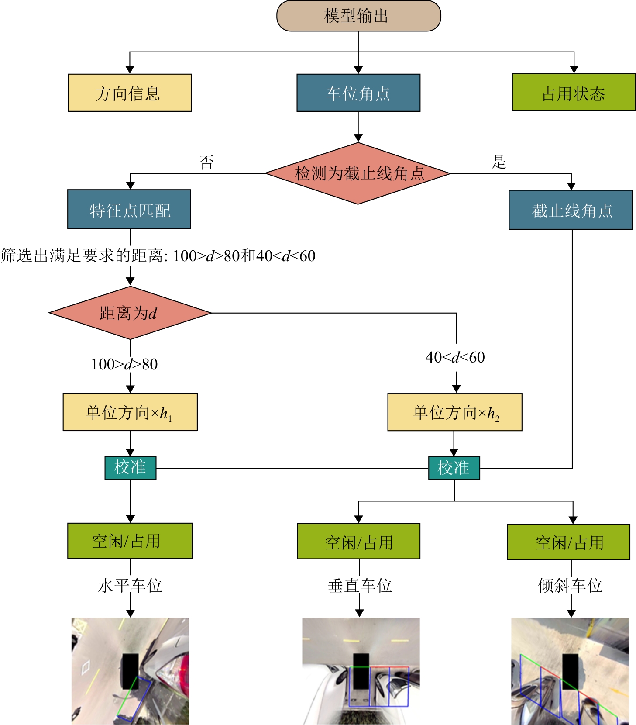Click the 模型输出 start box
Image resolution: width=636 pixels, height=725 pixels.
(358, 16)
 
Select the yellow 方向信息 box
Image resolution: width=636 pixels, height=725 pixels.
(130, 93)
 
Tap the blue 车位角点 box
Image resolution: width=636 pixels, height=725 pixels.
(358, 93)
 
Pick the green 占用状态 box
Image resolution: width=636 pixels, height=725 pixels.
(574, 93)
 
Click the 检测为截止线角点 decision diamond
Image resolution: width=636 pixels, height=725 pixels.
(358, 173)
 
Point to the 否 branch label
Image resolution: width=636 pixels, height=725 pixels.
(206, 162)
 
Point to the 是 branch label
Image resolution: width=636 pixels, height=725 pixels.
(498, 162)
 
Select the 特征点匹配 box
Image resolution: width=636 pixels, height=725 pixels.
(129, 210)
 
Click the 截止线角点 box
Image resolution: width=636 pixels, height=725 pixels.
(571, 210)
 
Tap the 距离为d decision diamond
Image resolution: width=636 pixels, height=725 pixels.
(130, 313)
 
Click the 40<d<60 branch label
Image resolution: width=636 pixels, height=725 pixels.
(455, 357)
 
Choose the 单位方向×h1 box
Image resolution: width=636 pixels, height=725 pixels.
(130, 412)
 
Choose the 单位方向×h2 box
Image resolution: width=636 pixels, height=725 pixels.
(455, 412)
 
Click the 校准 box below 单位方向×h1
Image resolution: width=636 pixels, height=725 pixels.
(130, 468)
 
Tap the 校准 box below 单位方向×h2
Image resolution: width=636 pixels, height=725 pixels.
(454, 468)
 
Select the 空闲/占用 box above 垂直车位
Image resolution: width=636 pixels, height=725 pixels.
(358, 542)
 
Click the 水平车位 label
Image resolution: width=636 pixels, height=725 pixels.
(130, 586)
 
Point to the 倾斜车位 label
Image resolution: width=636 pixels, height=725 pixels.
(570, 586)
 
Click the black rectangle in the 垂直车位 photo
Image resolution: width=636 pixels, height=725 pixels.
(361, 670)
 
